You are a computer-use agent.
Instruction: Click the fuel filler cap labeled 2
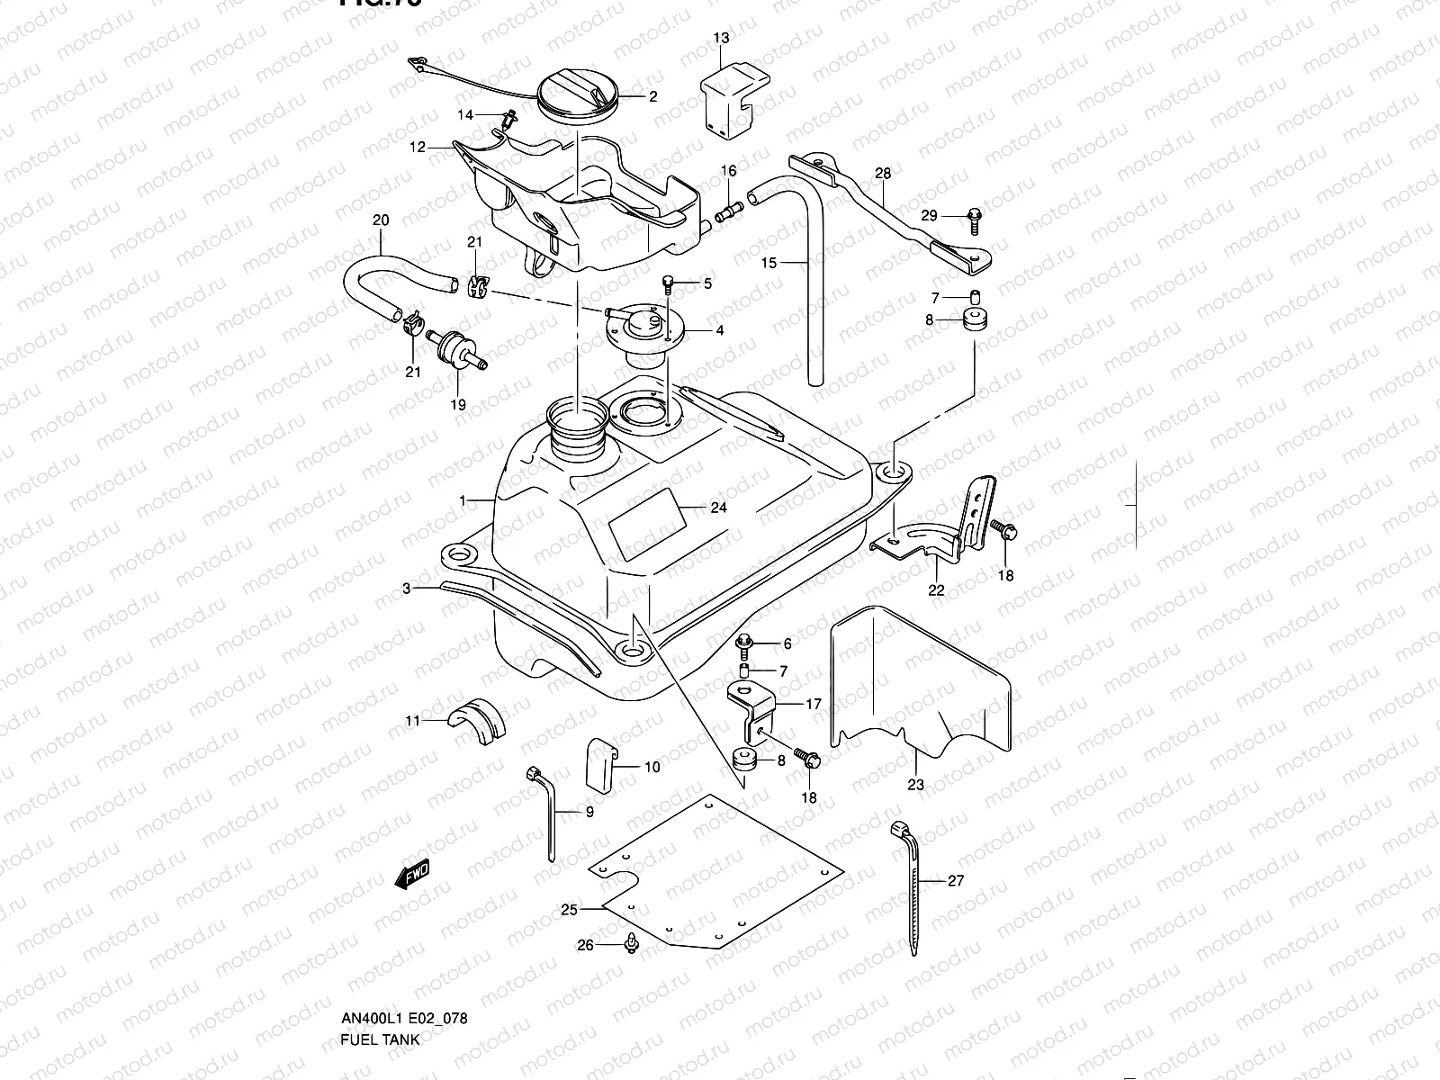coord(578,97)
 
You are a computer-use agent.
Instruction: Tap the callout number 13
coord(722,38)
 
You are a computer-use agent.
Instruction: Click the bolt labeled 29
coord(974,215)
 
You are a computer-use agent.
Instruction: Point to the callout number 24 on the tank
coord(717,508)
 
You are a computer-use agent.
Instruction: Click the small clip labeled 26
coord(633,941)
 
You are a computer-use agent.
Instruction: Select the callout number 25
coord(569,910)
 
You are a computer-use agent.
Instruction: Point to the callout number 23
coord(915,784)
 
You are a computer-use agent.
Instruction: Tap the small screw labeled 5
coord(668,283)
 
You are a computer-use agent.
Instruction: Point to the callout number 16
coord(728,171)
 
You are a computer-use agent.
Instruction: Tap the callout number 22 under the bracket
coord(937,589)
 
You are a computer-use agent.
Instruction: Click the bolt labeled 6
coord(744,643)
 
